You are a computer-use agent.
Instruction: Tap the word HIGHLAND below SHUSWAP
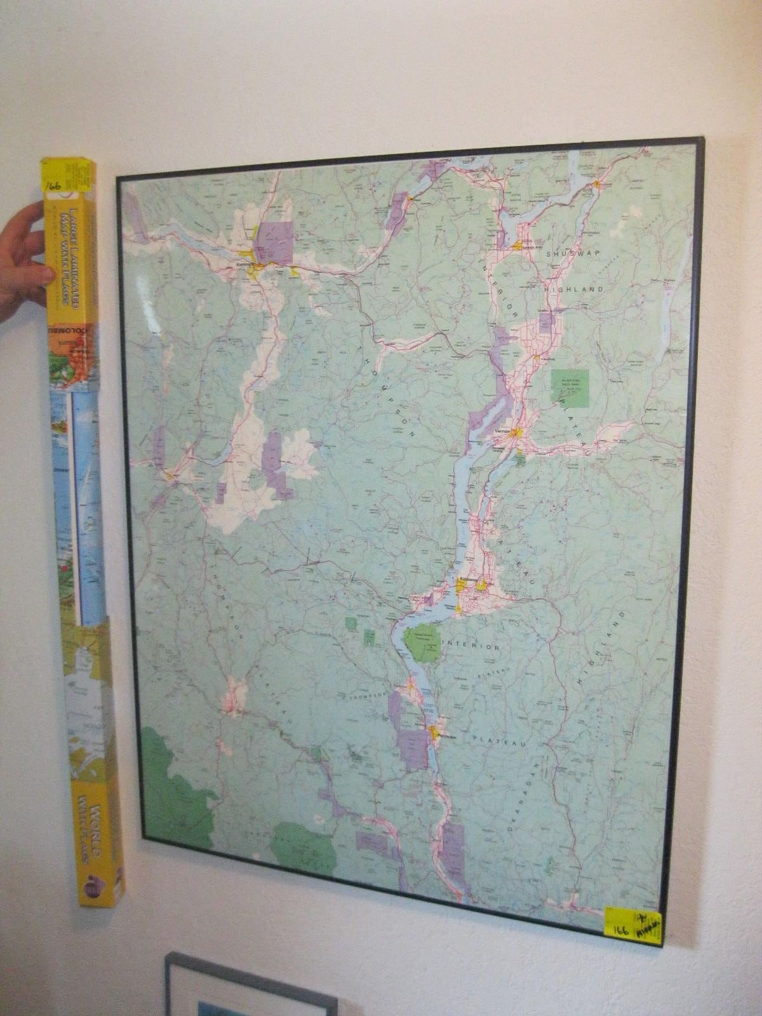(x=573, y=289)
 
